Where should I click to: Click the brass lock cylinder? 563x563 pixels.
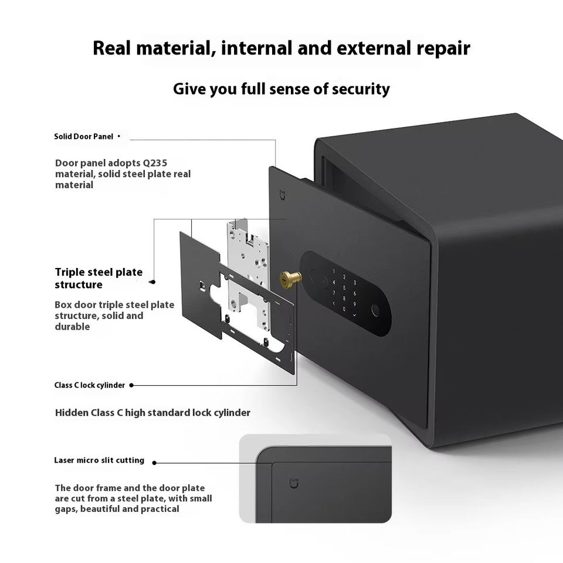click(291, 279)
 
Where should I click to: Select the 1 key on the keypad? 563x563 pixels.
click(334, 272)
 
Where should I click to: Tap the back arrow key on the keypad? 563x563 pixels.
click(334, 304)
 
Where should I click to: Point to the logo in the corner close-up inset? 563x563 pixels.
click(294, 483)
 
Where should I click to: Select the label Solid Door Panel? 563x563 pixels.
click(83, 137)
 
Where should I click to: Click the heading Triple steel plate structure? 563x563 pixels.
click(99, 279)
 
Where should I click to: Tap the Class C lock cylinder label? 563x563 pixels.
click(90, 385)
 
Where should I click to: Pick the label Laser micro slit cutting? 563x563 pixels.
click(99, 460)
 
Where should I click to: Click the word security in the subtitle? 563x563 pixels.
click(361, 89)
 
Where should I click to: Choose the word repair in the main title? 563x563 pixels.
click(443, 48)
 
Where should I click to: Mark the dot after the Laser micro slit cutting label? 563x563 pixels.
click(154, 462)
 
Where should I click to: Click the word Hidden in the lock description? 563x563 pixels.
click(72, 413)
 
